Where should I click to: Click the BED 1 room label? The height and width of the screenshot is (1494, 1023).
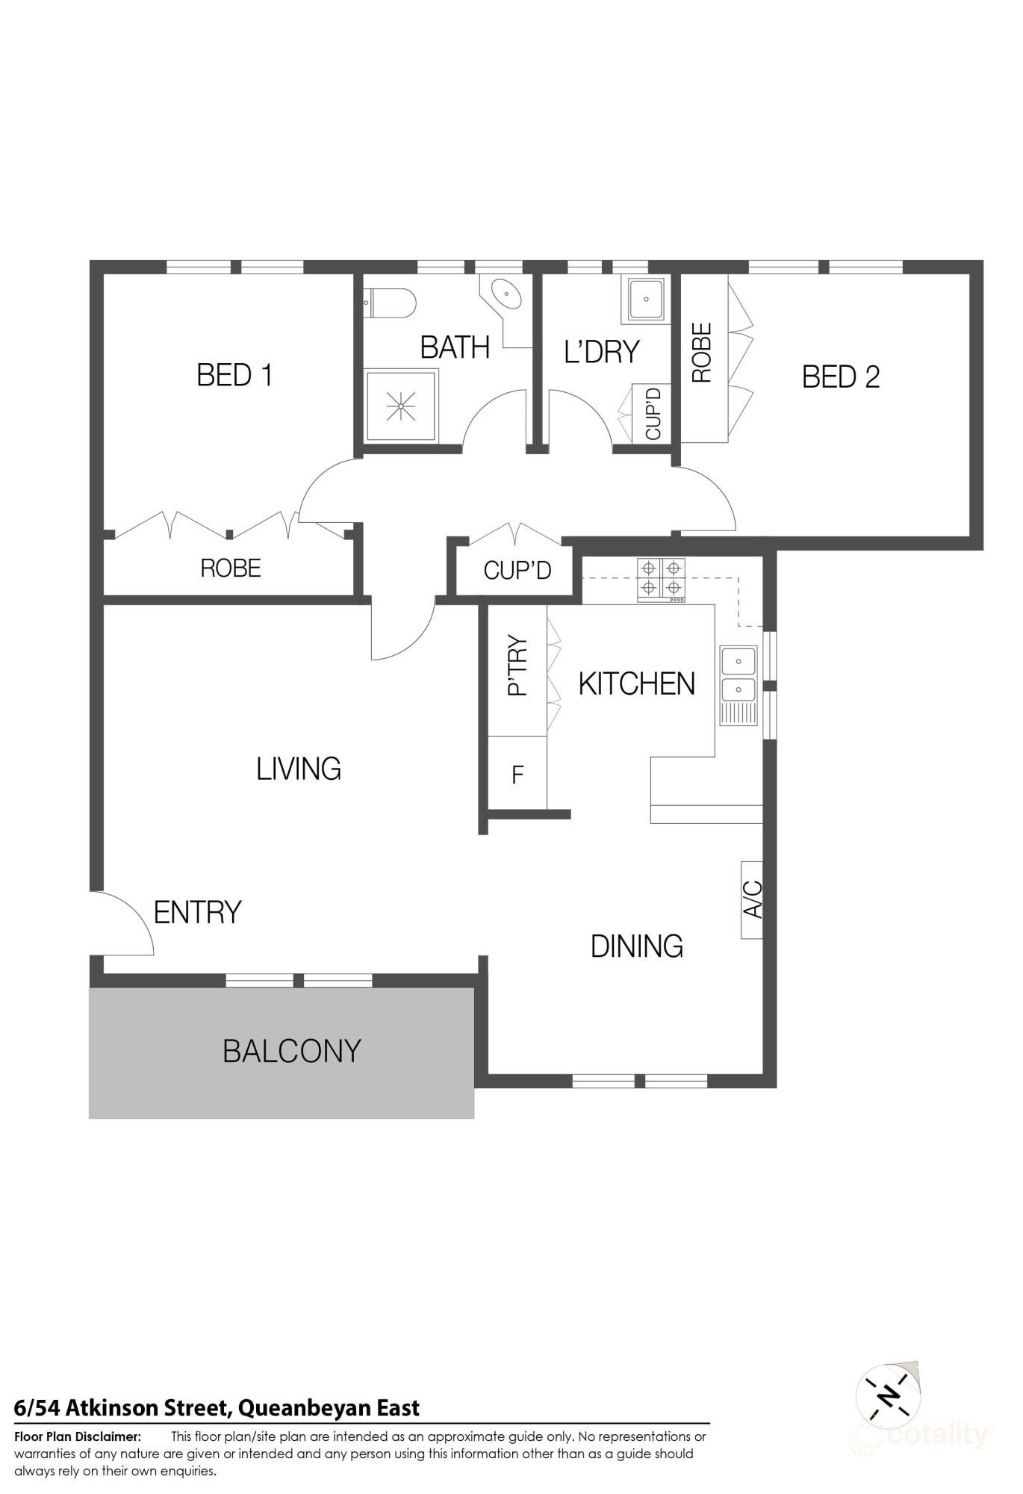[234, 375]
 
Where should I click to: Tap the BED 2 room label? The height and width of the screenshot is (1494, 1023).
[840, 376]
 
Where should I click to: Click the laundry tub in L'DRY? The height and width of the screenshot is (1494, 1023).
[645, 298]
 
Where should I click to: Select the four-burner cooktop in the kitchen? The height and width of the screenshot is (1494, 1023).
[661, 580]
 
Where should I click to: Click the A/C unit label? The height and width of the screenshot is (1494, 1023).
[752, 899]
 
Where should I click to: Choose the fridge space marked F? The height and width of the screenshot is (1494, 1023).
[517, 775]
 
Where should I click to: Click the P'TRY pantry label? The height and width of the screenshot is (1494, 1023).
[517, 666]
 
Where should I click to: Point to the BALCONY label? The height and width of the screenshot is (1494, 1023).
[292, 1051]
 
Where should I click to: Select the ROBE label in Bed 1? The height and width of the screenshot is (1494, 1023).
[231, 568]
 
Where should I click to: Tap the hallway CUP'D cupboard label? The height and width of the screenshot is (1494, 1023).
[517, 571]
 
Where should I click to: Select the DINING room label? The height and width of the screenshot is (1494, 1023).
[636, 946]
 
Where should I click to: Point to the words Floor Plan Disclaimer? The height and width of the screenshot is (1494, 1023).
[78, 1436]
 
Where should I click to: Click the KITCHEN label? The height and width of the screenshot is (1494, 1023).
[636, 684]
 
